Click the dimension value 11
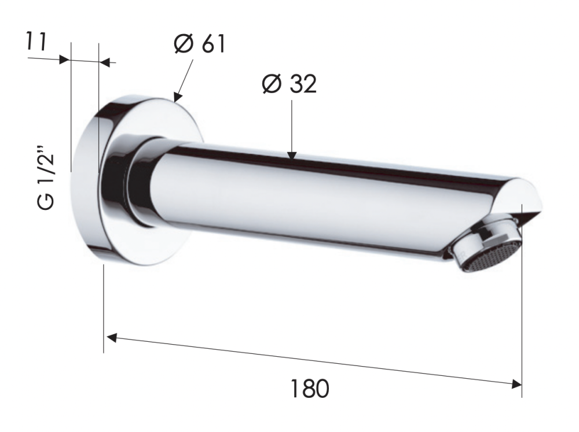coord(36,42)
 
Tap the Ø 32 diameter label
coord(289,84)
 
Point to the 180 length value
coord(309,389)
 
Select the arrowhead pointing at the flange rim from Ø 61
coord(178,97)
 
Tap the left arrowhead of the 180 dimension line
coord(112,337)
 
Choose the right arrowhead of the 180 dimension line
coord(516,384)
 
